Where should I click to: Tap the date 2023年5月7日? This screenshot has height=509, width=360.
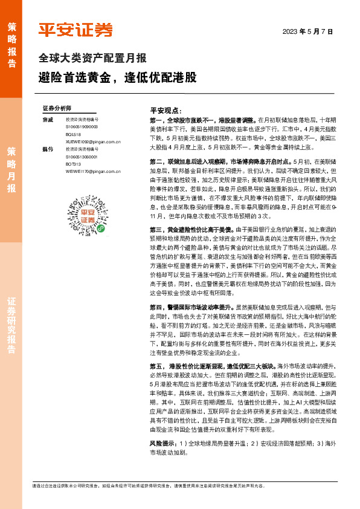308,31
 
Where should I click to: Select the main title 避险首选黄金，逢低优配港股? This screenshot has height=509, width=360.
117,78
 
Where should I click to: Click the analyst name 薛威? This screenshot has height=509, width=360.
48,120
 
